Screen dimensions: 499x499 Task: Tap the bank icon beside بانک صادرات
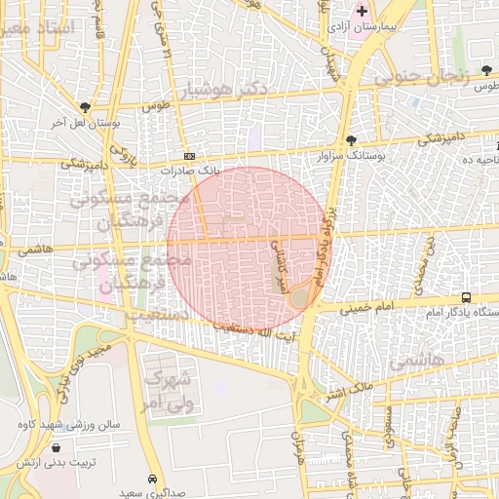click(x=189, y=156)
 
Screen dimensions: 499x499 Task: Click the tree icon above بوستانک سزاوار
click(x=351, y=139)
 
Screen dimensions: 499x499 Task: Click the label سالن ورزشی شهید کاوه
click(x=74, y=426)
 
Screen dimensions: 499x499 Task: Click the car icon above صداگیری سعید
click(x=153, y=480)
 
